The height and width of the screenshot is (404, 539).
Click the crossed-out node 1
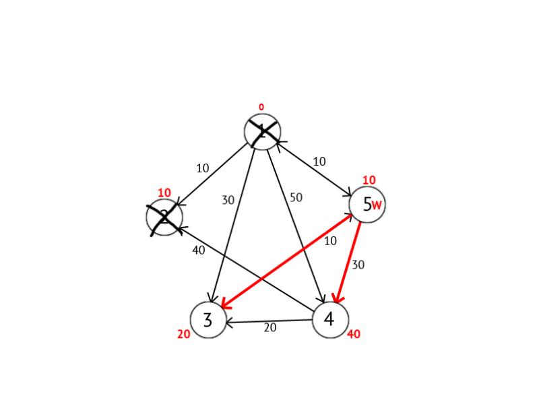262,132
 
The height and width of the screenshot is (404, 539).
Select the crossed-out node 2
164,217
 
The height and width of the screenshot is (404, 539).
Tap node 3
208,320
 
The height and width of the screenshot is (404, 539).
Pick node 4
330,320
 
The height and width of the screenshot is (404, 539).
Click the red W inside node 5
377,205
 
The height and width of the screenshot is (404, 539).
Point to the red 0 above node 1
261,107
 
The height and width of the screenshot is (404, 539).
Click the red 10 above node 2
164,193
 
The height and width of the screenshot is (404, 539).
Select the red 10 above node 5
369,180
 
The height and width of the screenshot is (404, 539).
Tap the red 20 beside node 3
183,334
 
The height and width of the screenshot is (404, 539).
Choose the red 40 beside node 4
354,334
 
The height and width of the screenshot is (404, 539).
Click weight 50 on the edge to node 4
296,197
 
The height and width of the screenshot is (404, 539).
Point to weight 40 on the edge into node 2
199,250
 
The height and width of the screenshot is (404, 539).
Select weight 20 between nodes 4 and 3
270,328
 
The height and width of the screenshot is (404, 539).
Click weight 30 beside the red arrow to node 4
358,265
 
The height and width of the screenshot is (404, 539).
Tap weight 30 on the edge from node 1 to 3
228,200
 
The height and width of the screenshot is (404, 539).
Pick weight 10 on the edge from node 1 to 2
203,168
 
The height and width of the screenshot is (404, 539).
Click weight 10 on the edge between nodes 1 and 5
319,162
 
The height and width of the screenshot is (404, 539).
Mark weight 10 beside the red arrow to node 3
330,241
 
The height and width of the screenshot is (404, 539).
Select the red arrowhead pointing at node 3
225,304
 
